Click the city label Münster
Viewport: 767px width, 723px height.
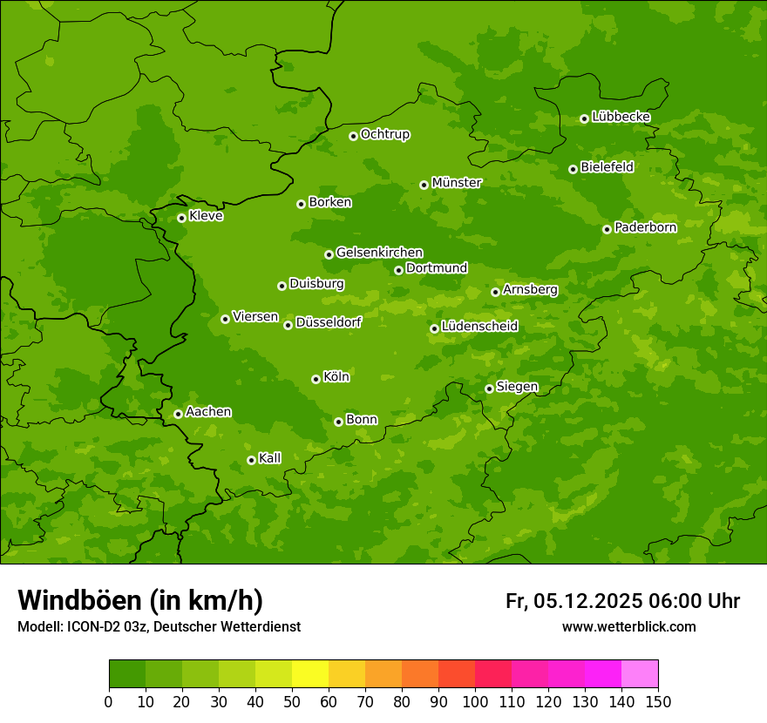pos(457,183)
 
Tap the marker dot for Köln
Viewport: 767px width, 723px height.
pos(316,379)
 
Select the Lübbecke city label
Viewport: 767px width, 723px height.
pos(621,117)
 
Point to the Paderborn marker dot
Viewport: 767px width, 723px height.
pos(607,229)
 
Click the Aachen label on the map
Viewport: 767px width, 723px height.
pos(208,412)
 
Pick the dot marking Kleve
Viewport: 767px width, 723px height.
pos(181,218)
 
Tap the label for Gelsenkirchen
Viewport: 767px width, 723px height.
pos(379,253)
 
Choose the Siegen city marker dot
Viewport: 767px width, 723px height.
pos(489,389)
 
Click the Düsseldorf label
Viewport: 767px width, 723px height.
pos(329,322)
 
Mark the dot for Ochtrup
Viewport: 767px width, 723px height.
pos(353,136)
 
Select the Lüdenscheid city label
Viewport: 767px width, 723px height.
pos(479,327)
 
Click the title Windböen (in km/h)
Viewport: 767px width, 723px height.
pos(140,600)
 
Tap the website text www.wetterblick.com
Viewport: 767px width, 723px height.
pos(628,626)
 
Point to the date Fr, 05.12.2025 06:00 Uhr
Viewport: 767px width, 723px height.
pos(622,601)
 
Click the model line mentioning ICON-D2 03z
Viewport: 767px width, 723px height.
pos(159,626)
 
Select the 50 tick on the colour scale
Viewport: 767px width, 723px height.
pos(292,701)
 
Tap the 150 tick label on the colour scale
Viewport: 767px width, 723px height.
pos(658,701)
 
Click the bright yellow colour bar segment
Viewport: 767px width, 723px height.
pos(310,673)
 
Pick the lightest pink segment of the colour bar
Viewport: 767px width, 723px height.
pos(640,673)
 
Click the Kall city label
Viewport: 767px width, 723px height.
pos(269,458)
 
